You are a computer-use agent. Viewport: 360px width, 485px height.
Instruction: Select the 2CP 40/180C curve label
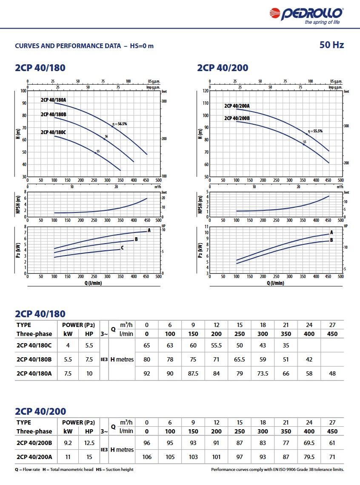[54, 132]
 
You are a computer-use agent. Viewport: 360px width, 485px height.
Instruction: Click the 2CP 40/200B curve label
[237, 118]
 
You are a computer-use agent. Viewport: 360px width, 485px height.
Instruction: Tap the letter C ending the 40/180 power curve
[122, 247]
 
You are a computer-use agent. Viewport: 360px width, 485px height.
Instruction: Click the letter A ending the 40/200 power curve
[331, 232]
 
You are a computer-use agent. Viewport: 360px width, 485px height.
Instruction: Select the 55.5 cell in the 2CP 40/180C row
[217, 345]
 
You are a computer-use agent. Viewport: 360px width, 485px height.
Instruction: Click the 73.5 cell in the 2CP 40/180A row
[263, 373]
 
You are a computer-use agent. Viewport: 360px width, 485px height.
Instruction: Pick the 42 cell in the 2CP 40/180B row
[309, 359]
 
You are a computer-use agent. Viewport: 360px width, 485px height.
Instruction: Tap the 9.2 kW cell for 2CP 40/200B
[68, 443]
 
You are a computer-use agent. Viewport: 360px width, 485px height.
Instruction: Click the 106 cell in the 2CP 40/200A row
[147, 457]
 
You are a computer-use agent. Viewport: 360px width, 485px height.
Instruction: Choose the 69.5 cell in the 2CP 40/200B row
[309, 443]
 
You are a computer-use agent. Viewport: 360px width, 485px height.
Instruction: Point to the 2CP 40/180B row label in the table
[34, 359]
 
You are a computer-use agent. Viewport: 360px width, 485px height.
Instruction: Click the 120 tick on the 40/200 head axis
[206, 91]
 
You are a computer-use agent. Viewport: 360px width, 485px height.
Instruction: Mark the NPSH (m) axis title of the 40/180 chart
[17, 204]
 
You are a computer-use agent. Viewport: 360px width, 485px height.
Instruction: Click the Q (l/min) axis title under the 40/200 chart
[275, 283]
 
